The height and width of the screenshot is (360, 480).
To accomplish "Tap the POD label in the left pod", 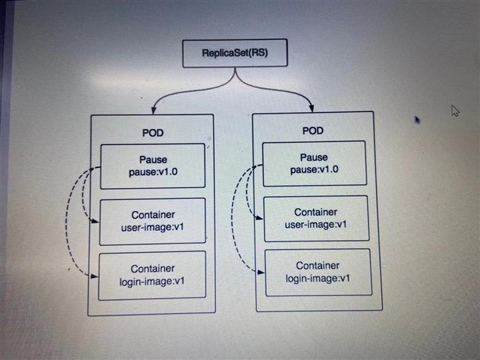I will (x=153, y=133).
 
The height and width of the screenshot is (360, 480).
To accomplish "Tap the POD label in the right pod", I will (x=313, y=131).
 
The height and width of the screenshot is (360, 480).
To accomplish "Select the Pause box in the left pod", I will (x=153, y=165).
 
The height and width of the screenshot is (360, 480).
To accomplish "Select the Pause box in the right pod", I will (x=313, y=163).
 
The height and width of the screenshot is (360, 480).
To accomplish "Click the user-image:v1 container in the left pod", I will (x=153, y=222).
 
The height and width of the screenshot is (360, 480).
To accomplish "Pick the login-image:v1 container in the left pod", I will (x=153, y=275).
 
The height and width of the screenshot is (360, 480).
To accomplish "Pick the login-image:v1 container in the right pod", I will (x=317, y=272).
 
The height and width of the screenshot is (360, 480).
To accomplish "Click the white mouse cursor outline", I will (x=456, y=111).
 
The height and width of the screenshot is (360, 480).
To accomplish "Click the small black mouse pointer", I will (x=417, y=120).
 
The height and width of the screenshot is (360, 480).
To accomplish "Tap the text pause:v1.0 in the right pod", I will (x=313, y=170).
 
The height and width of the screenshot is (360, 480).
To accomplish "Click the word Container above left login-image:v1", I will (x=153, y=269).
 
